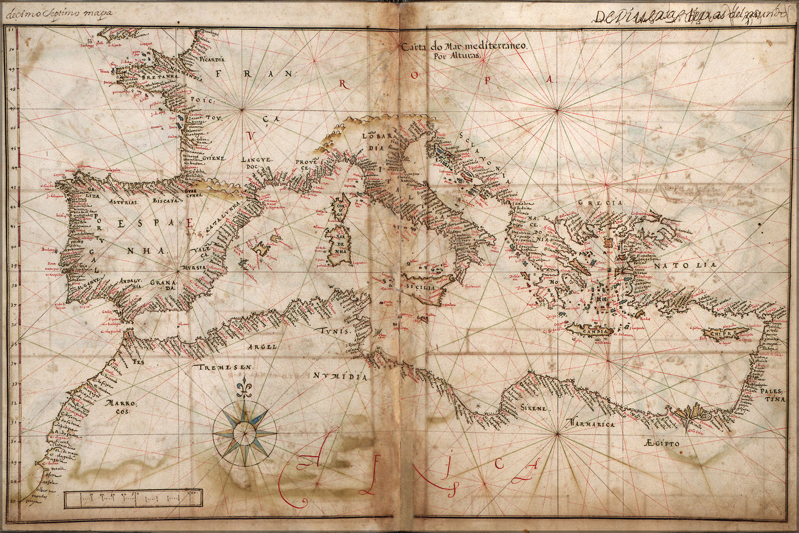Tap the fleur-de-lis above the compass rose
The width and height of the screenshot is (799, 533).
click(x=245, y=390)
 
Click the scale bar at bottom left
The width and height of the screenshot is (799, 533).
click(x=133, y=499)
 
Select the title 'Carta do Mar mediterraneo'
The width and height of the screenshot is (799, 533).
click(x=465, y=47)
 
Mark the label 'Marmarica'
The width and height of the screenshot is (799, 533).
click(x=591, y=424)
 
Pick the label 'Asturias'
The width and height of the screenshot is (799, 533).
click(x=122, y=203)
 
